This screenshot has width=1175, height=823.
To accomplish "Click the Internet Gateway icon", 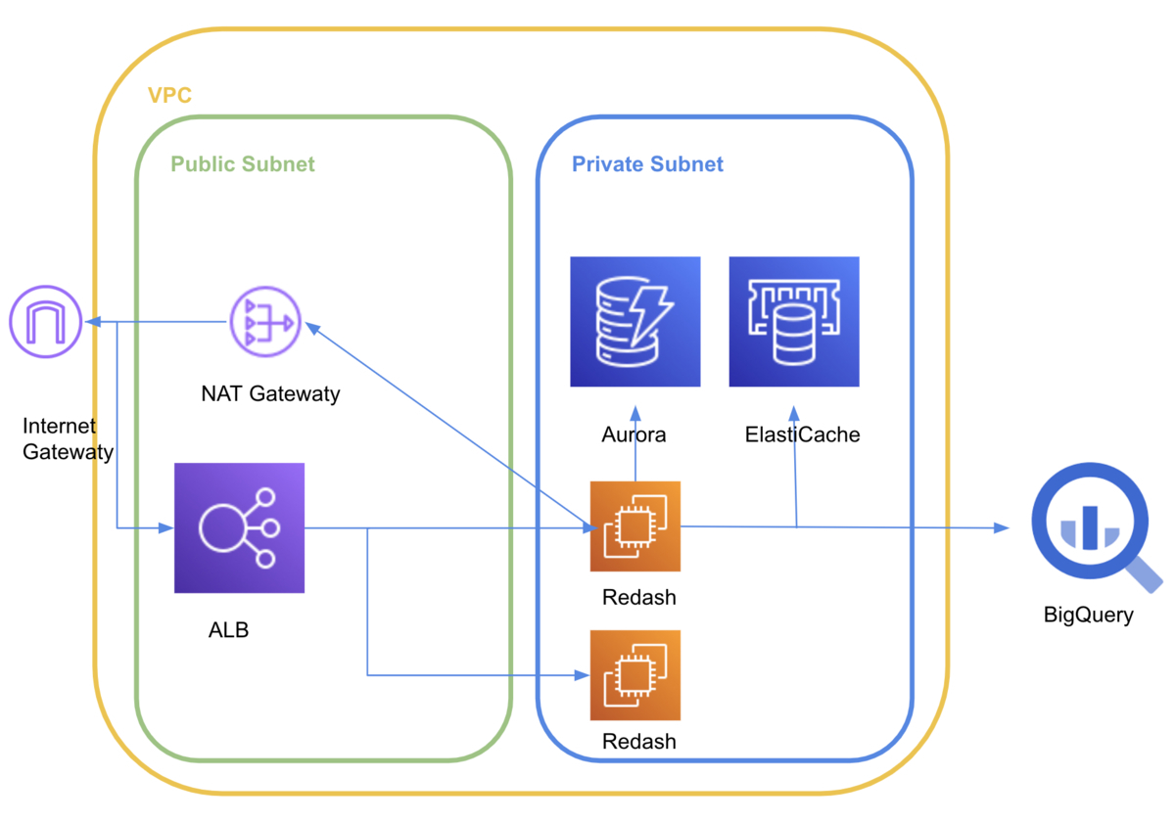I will click(45, 322).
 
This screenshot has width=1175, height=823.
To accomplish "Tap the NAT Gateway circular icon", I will click(265, 322).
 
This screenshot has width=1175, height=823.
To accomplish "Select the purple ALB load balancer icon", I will click(239, 528).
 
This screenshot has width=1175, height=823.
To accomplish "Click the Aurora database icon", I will click(635, 321).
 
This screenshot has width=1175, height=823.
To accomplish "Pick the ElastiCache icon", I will click(794, 321).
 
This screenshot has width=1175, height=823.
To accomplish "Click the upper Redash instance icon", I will click(634, 526).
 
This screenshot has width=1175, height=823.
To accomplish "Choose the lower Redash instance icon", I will click(634, 675).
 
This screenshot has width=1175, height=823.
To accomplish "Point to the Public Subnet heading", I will click(243, 163).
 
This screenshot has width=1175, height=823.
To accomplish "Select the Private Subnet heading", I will click(647, 163).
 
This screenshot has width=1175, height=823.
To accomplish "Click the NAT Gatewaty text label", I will click(270, 394).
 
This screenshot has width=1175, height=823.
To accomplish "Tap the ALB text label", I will click(228, 629).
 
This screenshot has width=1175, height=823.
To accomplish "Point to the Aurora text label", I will click(634, 434).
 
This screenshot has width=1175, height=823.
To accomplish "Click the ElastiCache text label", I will click(802, 434).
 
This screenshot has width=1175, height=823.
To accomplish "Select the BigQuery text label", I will click(1088, 615).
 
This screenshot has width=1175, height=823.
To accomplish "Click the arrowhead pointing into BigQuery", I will click(1002, 528).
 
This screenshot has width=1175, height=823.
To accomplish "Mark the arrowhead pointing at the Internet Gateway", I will click(90, 322).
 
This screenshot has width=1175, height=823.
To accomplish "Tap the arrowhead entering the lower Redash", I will click(582, 675).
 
